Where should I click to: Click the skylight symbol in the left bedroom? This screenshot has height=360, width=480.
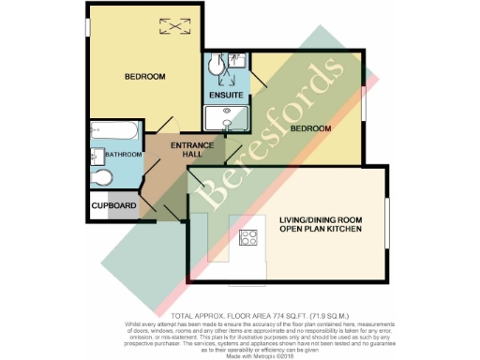point(172,28)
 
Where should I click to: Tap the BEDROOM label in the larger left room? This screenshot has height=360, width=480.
point(145,76)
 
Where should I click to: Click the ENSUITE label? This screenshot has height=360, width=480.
point(226,96)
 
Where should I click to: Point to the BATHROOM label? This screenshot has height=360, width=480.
point(122,154)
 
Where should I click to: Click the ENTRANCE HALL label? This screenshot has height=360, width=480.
point(191,151)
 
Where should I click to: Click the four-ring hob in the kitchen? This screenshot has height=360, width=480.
point(250,238)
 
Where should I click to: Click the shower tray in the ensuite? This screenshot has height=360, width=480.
point(226,118)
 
